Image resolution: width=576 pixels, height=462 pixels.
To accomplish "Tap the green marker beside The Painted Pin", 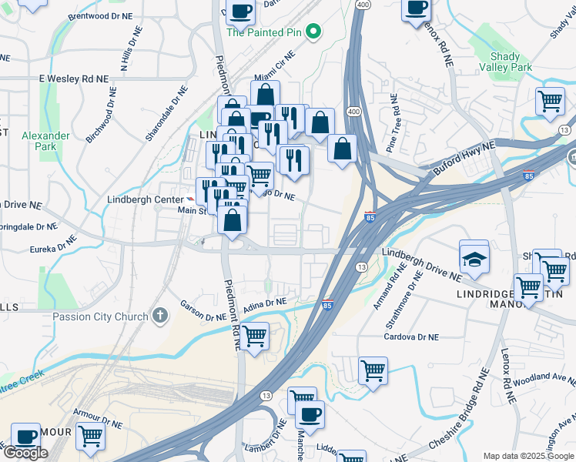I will tap(313, 32).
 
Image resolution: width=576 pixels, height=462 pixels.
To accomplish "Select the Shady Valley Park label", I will tap(511, 62).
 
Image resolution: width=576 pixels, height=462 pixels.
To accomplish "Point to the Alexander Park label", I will tap(45, 141).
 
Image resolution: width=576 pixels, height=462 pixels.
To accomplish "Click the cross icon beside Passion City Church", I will tap(160, 314).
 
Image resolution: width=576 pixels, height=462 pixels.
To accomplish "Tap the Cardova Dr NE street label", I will tap(411, 337).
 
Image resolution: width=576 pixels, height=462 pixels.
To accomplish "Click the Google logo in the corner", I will tap(25, 453).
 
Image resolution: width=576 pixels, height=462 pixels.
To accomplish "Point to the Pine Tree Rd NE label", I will tap(393, 123).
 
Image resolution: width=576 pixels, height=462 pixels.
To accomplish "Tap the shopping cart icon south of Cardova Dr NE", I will tap(373, 371).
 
